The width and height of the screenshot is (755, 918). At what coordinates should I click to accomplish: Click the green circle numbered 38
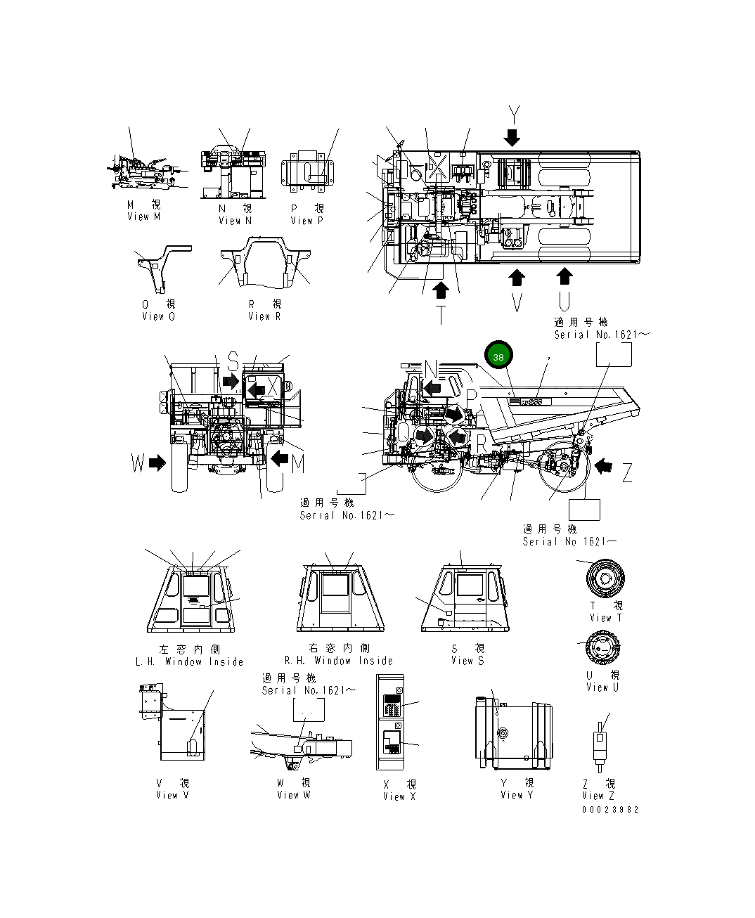(x=498, y=356)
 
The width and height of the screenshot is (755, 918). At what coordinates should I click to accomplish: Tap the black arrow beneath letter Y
(x=512, y=136)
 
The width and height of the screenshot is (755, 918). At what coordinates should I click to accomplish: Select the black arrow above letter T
(x=441, y=290)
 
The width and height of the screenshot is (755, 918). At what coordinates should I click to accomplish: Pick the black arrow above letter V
(x=517, y=278)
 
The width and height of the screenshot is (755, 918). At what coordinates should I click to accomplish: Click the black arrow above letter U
(x=564, y=276)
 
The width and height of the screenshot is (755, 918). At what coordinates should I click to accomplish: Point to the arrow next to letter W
(x=157, y=463)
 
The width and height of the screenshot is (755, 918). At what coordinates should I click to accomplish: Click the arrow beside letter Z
(x=602, y=465)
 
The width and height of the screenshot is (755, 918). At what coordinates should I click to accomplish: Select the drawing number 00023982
(x=610, y=810)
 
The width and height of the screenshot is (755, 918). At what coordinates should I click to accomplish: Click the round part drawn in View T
(x=605, y=578)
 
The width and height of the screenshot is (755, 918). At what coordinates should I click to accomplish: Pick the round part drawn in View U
(x=604, y=647)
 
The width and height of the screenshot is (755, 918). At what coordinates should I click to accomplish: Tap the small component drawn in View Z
(x=600, y=746)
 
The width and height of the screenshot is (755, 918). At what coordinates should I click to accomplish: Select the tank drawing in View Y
(x=513, y=734)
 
